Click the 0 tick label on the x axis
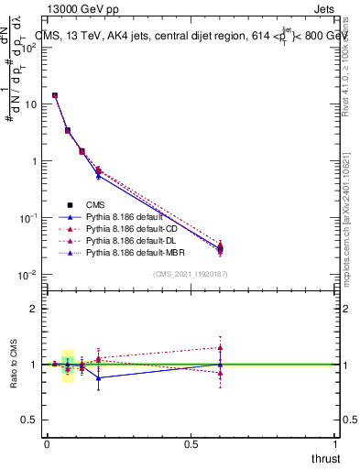click(47, 443)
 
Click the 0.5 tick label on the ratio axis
click(29, 420)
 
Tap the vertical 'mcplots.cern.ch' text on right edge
click(345, 213)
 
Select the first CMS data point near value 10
click(55, 95)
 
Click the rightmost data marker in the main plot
click(220, 247)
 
